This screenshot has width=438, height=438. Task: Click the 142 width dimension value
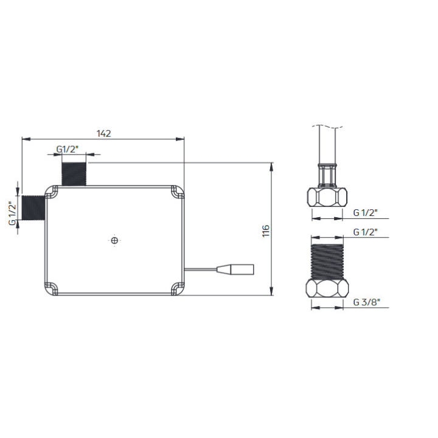click(103, 134)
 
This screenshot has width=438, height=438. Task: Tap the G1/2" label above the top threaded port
click(67, 149)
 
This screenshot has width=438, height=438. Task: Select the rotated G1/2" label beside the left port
click(12, 213)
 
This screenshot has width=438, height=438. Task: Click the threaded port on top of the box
click(74, 172)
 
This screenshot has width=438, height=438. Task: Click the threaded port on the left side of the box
click(34, 207)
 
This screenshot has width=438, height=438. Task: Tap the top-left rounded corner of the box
click(53, 192)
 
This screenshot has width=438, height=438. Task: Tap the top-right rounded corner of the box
click(177, 192)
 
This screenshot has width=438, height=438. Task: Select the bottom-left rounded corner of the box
click(53, 288)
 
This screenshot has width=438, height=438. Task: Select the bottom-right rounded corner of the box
click(177, 288)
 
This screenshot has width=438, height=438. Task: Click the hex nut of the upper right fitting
click(327, 197)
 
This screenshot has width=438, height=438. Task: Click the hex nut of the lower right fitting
click(327, 288)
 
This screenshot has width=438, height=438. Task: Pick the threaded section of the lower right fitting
click(327, 260)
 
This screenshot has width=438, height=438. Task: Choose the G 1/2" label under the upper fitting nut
click(366, 212)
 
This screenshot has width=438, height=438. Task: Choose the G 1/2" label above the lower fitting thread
click(366, 232)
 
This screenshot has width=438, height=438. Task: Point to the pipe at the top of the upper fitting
click(327, 143)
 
